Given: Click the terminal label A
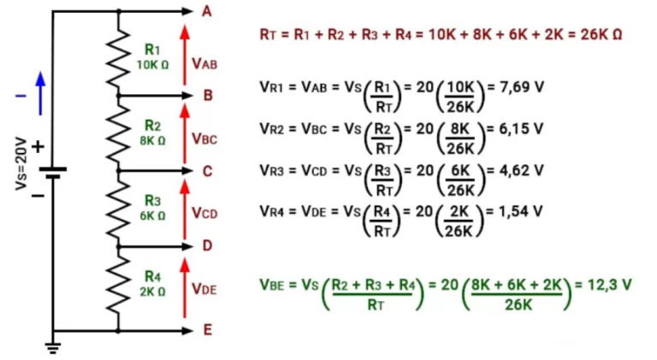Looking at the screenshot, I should pos(206,11).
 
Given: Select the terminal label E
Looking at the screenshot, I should pos(206,329).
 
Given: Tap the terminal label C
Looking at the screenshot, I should pos(207,171).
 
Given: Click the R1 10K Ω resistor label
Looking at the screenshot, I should pos(152,57).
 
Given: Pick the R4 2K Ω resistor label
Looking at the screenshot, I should pos(152,283).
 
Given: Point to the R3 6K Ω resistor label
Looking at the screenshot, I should pos(152,208).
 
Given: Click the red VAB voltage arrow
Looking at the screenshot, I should pos(183,56).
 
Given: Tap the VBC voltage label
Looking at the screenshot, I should pos(204,138).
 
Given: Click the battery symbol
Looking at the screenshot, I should pos(53,171).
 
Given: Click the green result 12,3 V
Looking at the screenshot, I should pos(608,284).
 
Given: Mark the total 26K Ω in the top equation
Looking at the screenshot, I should pos(600,34).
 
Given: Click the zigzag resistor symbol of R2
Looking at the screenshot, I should pos(118,133).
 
